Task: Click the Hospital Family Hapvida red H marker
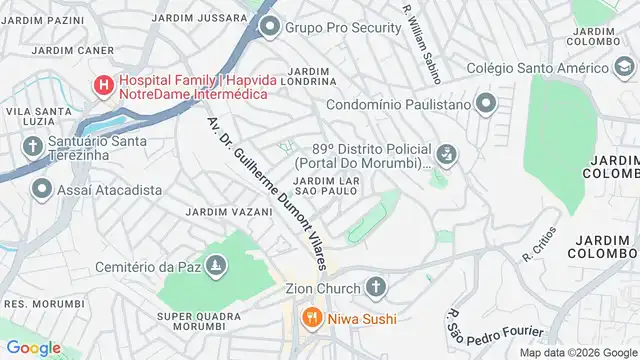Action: tap(103, 86)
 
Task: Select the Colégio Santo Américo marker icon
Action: tap(624, 68)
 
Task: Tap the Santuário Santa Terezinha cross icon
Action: tap(31, 147)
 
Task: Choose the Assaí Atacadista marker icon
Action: tap(41, 189)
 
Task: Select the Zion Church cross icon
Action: tap(375, 288)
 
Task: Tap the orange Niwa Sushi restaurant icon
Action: tap(311, 319)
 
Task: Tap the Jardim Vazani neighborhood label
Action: tap(229, 212)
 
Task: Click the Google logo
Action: tap(33, 347)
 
